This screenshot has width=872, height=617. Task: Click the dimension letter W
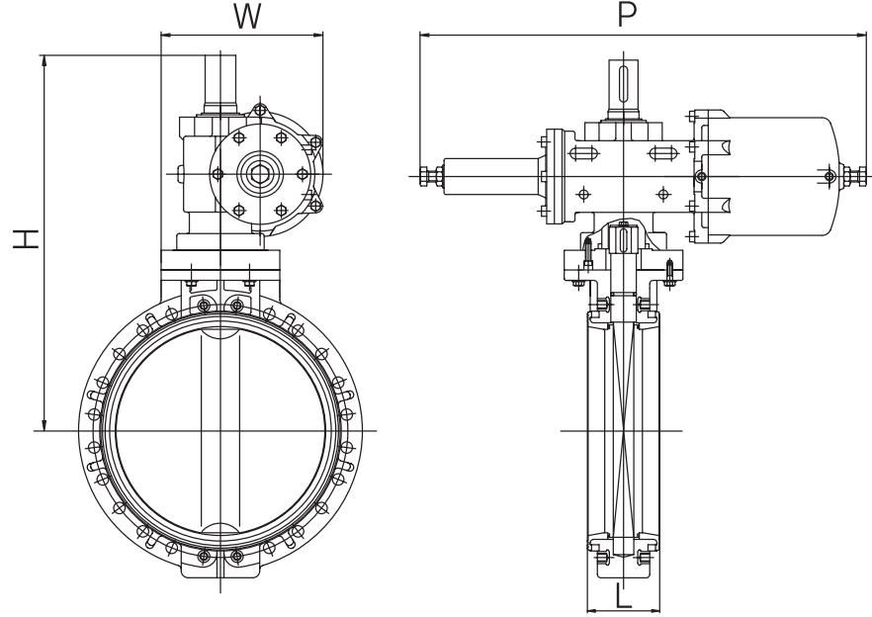[x=247, y=17]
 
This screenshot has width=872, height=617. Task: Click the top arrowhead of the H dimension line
[x=44, y=58]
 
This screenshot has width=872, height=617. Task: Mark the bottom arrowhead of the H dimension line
[x=44, y=426]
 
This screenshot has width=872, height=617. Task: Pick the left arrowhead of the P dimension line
[x=425, y=37]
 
